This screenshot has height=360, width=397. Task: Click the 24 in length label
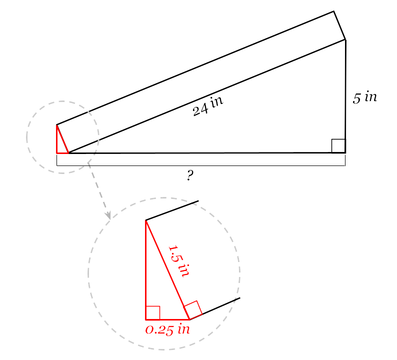click(x=208, y=106)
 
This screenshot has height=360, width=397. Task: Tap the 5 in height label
click(x=365, y=97)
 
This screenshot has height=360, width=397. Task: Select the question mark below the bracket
click(x=190, y=175)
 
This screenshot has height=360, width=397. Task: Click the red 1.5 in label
click(x=179, y=261)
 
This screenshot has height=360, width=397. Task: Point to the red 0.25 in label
click(x=167, y=329)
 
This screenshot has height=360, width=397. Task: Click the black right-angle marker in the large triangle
click(x=338, y=146)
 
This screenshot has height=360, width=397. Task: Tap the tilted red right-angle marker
click(x=193, y=310)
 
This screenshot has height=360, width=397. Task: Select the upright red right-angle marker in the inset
click(x=152, y=313)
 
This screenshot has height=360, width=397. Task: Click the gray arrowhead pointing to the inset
click(x=108, y=215)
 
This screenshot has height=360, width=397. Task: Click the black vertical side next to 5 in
click(x=345, y=96)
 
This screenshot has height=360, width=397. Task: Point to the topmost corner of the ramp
click(x=333, y=11)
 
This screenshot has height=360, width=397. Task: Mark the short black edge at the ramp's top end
click(x=340, y=25)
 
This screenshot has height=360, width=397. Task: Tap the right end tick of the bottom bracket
click(x=345, y=160)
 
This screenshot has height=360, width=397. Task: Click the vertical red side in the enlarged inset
click(x=146, y=270)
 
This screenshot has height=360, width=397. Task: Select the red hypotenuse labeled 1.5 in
click(x=167, y=270)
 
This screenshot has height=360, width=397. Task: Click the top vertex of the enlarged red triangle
click(x=146, y=220)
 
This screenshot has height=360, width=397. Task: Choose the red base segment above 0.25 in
click(x=167, y=319)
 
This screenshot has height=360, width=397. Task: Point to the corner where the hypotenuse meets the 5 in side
click(x=345, y=39)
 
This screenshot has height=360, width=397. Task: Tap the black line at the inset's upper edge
click(x=172, y=210)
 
